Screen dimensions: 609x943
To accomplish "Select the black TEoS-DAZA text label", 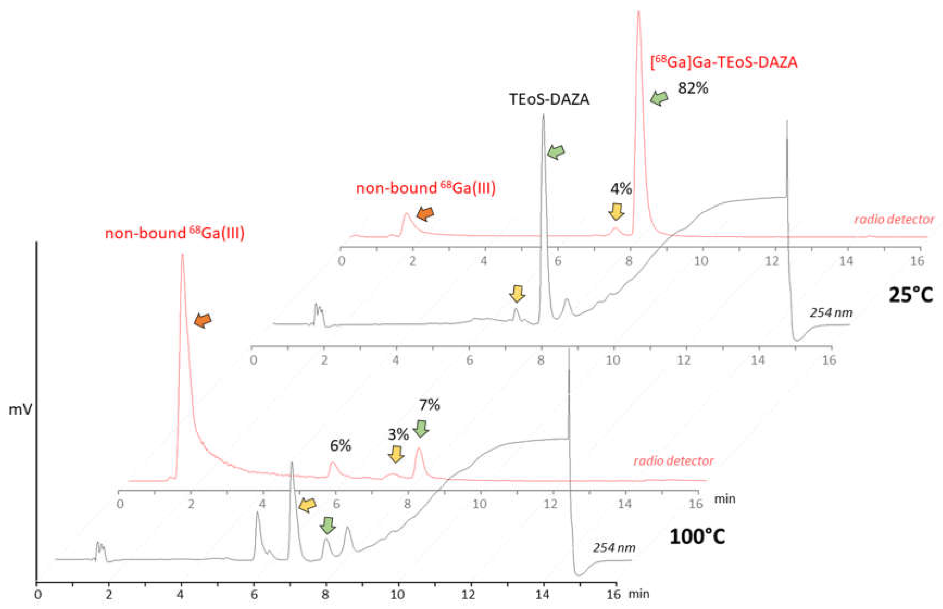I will pyautogui.click(x=549, y=99).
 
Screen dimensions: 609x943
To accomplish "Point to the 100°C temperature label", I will pyautogui.click(x=697, y=537).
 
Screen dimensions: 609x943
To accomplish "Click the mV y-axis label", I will pyautogui.click(x=20, y=410).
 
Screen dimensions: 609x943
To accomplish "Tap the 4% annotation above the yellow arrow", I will pyautogui.click(x=620, y=189).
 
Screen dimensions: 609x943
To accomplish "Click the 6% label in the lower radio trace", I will pyautogui.click(x=340, y=446).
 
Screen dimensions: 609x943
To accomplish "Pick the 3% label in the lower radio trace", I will pyautogui.click(x=398, y=435).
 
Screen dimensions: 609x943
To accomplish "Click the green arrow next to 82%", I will pyautogui.click(x=659, y=98).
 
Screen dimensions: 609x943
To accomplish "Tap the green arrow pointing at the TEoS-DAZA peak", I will pyautogui.click(x=556, y=151).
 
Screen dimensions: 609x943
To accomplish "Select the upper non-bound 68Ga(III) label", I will pyautogui.click(x=426, y=188).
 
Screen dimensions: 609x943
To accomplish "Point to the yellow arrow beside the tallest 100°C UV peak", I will pyautogui.click(x=307, y=505).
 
